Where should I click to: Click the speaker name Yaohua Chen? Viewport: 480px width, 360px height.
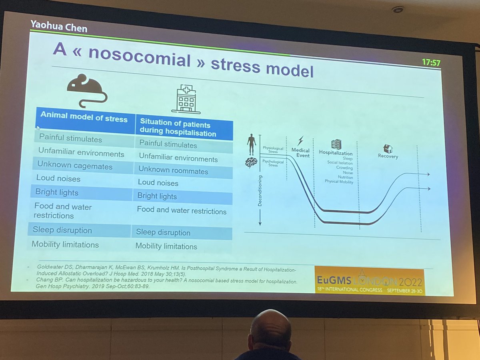click(x=58, y=26)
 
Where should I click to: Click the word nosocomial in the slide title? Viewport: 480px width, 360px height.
click(x=139, y=58)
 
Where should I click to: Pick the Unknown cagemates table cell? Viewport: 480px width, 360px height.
click(x=75, y=166)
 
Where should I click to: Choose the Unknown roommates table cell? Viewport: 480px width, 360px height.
click(x=173, y=170)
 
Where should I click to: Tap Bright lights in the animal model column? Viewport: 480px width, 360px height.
click(x=57, y=192)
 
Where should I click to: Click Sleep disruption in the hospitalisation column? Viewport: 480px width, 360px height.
click(x=163, y=232)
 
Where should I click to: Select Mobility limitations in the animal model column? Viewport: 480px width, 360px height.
click(x=65, y=244)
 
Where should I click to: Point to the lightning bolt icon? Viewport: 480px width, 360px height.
click(x=300, y=141)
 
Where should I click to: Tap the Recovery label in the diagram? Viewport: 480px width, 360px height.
click(x=388, y=156)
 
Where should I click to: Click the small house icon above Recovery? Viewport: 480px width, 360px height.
click(x=388, y=148)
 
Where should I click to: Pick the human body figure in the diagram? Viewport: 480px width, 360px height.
click(x=252, y=144)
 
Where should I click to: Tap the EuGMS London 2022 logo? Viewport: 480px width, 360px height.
click(x=369, y=280)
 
